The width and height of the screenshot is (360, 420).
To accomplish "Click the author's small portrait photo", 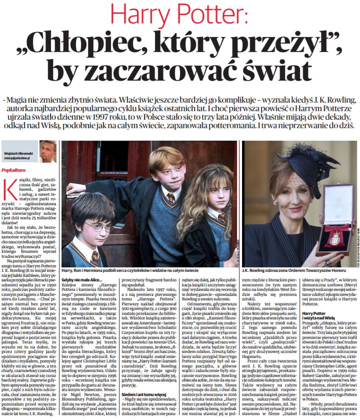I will pyautogui.click(x=48, y=151).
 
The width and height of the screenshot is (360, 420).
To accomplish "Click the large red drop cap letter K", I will pyautogui.click(x=8, y=189).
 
